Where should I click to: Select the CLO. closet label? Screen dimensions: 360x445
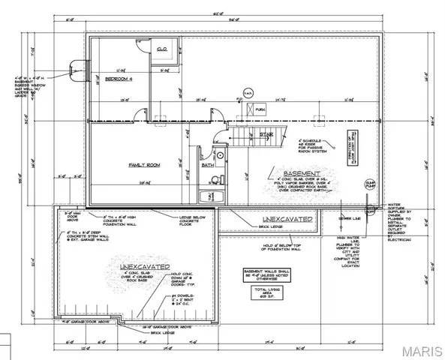point(161,49)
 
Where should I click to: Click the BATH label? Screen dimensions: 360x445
point(208,166)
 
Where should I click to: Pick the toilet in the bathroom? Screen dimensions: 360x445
point(215,178)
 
